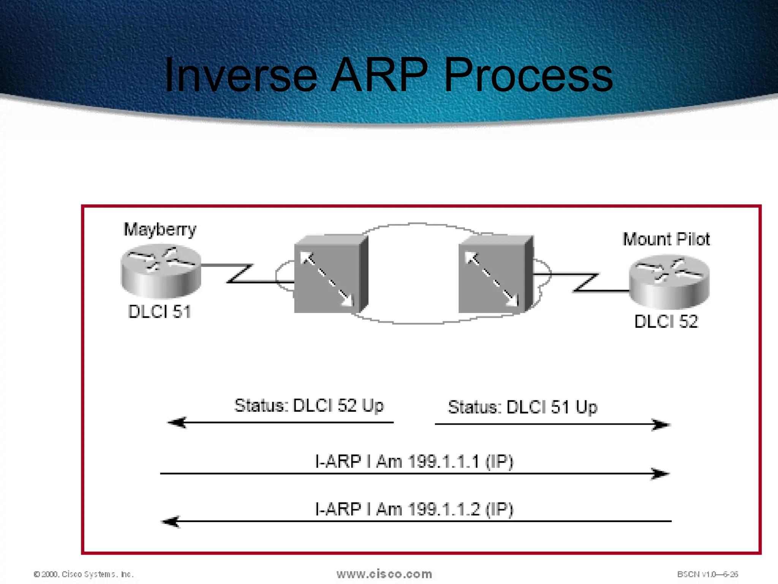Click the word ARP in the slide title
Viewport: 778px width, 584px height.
coord(379,75)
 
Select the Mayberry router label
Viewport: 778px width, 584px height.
coord(160,230)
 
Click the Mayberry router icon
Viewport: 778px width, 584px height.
coord(161,271)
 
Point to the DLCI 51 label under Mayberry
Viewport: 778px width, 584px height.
coord(160,312)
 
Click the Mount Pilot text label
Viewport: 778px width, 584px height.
coord(666,240)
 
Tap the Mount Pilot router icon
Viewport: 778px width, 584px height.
coord(669,281)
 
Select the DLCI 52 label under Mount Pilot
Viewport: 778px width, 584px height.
coord(666,322)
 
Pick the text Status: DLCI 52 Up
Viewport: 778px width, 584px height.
coord(309,406)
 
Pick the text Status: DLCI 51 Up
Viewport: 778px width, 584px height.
coord(523,407)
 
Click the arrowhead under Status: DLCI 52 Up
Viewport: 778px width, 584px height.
coord(177,422)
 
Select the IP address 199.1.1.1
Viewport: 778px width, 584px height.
coord(444,462)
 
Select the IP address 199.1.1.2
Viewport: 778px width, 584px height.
coord(444,509)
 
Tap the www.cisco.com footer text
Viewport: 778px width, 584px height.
coord(384,574)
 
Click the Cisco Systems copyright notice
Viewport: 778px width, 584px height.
coord(84,574)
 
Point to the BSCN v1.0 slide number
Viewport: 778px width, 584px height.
coord(707,574)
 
